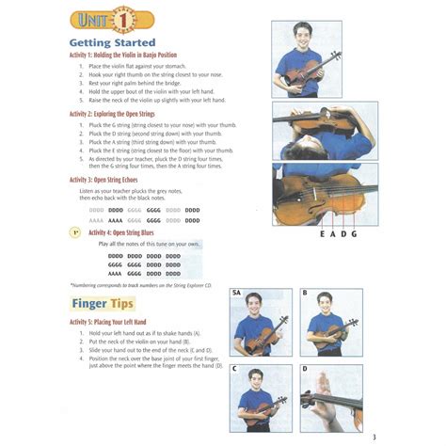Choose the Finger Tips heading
103,304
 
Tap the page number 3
374,437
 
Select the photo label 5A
237,294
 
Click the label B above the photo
305,294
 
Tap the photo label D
305,369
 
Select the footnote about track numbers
141,284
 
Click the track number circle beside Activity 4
75,231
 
